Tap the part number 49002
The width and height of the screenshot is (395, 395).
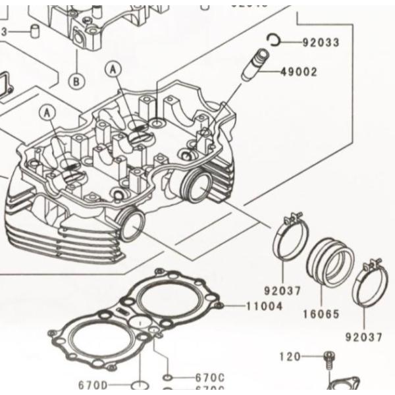coord(298,72)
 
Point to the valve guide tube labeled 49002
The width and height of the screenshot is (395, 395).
coord(253,65)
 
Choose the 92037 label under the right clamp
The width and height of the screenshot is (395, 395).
coord(363,337)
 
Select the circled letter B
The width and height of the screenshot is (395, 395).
coord(76,81)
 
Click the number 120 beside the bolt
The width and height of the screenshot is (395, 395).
coord(290,356)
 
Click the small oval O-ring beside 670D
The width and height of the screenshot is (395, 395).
coord(139,384)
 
